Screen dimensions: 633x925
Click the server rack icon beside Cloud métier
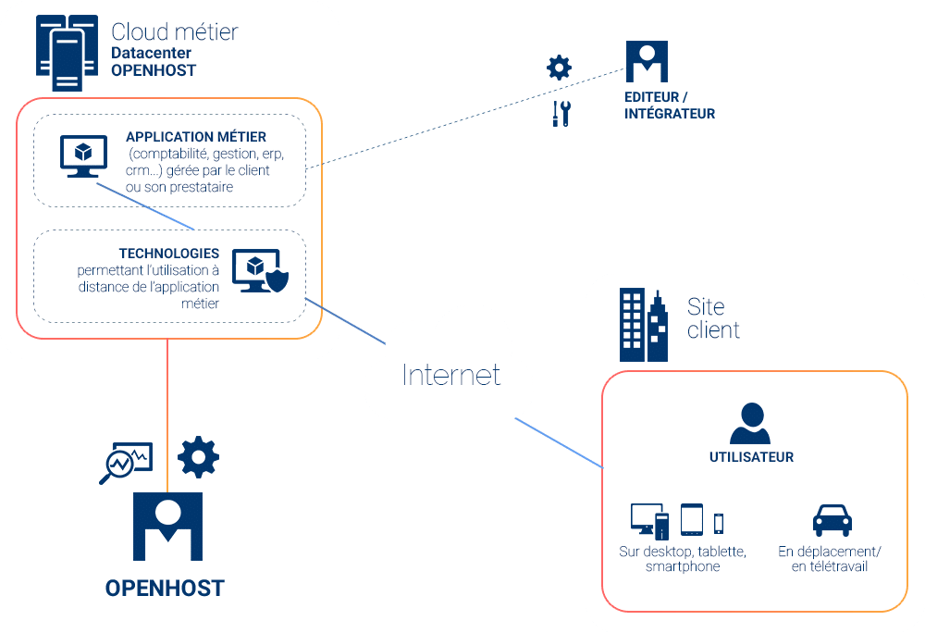(67, 53)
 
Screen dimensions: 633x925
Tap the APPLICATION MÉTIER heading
(196, 137)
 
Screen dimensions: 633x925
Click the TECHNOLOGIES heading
(169, 253)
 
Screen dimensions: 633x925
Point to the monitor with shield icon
(260, 270)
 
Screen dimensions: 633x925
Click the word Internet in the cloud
(450, 374)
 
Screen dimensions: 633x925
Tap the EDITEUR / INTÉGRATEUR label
(670, 105)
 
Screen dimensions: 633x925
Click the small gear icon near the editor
(559, 68)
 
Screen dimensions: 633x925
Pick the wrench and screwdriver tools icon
(561, 114)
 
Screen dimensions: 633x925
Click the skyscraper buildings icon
(644, 325)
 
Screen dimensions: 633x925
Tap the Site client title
(713, 317)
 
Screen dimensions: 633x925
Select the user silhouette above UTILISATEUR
(750, 424)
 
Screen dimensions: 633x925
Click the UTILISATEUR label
(751, 457)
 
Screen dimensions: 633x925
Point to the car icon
(832, 520)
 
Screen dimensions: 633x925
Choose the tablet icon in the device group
(692, 520)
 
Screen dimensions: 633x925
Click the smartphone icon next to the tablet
(719, 523)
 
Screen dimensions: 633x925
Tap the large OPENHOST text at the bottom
(165, 589)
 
